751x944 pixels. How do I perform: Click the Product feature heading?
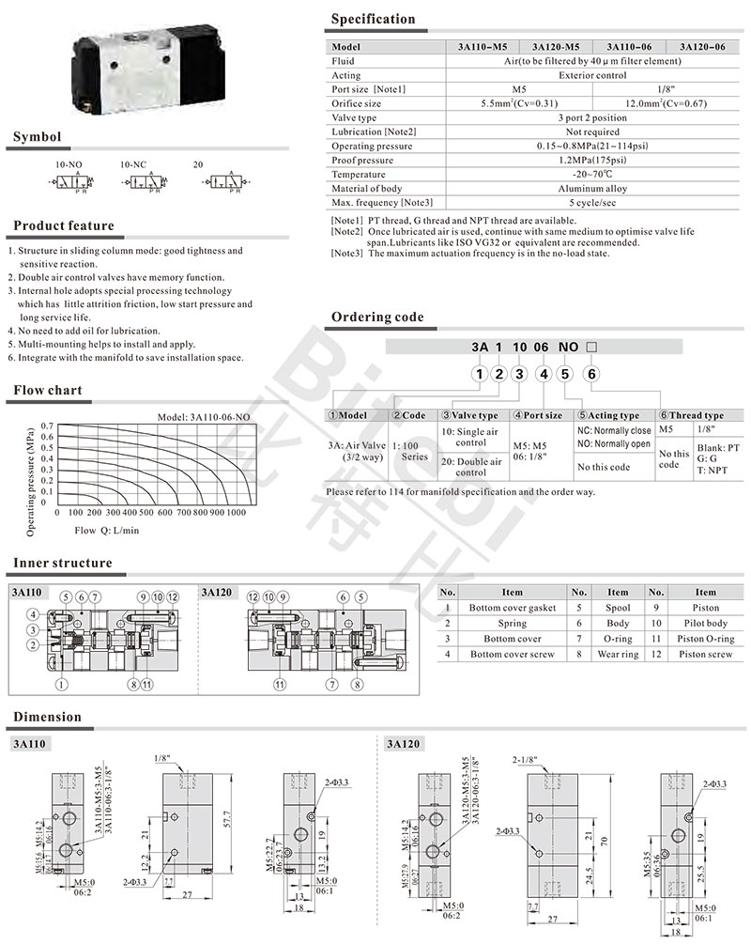coord(64,226)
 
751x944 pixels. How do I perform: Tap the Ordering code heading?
coord(377,317)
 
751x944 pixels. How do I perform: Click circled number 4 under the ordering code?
coord(542,376)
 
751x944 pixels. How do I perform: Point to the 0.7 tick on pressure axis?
coord(47,426)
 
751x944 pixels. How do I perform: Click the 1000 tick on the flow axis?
coord(236,513)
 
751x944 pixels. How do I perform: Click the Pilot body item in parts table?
coord(705,623)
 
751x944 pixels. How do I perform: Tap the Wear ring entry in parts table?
coord(618,654)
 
